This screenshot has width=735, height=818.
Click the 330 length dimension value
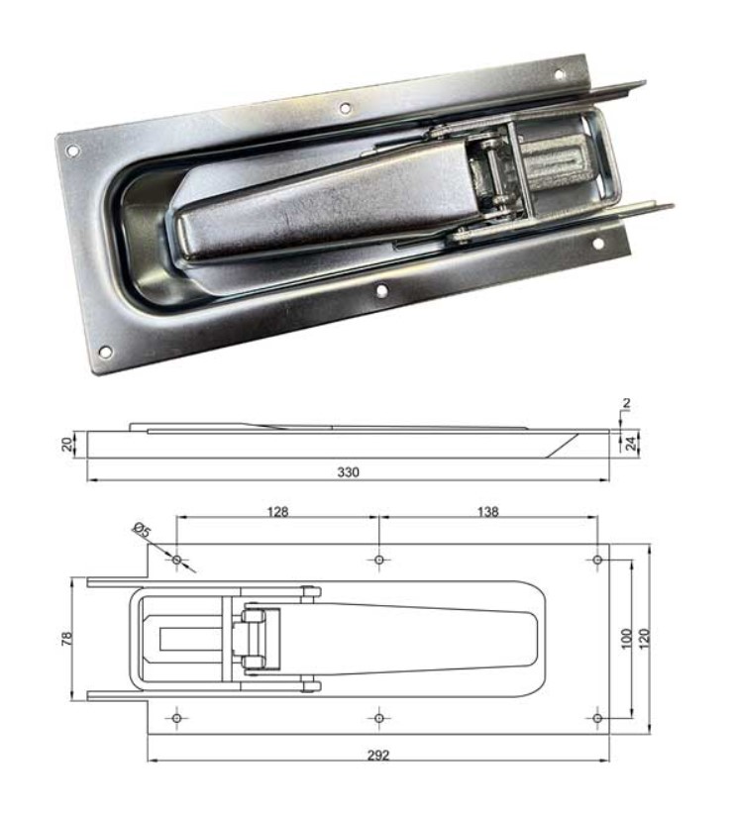348,472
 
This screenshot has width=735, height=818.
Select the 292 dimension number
378,755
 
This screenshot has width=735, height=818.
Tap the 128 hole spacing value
277,512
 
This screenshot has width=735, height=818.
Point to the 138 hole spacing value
487,512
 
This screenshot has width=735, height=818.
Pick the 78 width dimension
66,639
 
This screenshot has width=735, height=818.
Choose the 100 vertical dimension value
627,639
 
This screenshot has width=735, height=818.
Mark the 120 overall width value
644,639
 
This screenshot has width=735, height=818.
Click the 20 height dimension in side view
66,445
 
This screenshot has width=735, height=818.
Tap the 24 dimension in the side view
631,444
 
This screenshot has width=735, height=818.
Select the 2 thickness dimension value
626,403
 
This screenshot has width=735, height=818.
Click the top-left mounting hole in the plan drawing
177,560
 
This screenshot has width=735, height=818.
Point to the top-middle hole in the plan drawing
379,560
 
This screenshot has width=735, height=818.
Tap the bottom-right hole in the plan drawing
598,718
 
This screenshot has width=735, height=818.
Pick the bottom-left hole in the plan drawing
177,718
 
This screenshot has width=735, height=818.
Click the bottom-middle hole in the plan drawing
379,718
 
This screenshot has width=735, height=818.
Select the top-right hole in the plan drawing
598,560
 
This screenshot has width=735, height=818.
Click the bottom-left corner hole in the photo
105,352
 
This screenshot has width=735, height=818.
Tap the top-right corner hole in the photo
559,74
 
